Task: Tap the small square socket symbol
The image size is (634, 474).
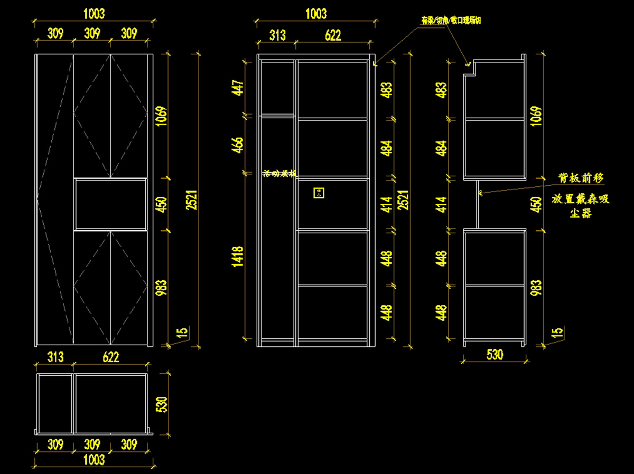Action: pyautogui.click(x=319, y=193)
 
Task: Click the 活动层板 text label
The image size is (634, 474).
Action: pyautogui.click(x=279, y=174)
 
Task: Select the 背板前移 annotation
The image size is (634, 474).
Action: pyautogui.click(x=581, y=178)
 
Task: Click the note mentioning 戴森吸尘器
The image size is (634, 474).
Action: pyautogui.click(x=581, y=206)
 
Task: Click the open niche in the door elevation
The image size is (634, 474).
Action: pyautogui.click(x=110, y=204)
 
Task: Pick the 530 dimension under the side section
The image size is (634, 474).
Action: pyautogui.click(x=495, y=354)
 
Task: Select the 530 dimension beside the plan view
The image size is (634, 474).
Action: pyautogui.click(x=162, y=404)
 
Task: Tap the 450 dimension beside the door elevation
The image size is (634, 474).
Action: pyautogui.click(x=161, y=204)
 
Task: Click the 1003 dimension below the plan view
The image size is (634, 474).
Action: pyautogui.click(x=95, y=460)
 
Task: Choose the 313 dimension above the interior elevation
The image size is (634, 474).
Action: pyautogui.click(x=277, y=35)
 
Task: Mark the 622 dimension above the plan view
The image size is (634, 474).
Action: pyautogui.click(x=110, y=357)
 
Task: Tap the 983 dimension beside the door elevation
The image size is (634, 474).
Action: pyautogui.click(x=161, y=288)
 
